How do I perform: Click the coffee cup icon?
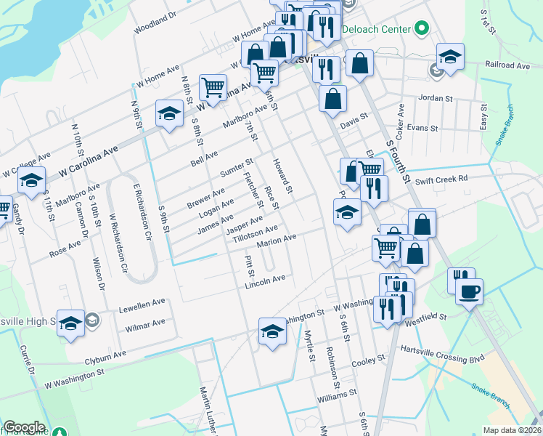click(468, 292)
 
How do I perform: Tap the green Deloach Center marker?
click(421, 30)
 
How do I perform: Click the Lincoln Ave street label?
click(265, 281)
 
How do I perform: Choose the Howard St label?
click(282, 176)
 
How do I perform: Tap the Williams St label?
click(337, 397)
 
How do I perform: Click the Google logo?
click(24, 427)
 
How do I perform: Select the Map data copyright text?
click(511, 430)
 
